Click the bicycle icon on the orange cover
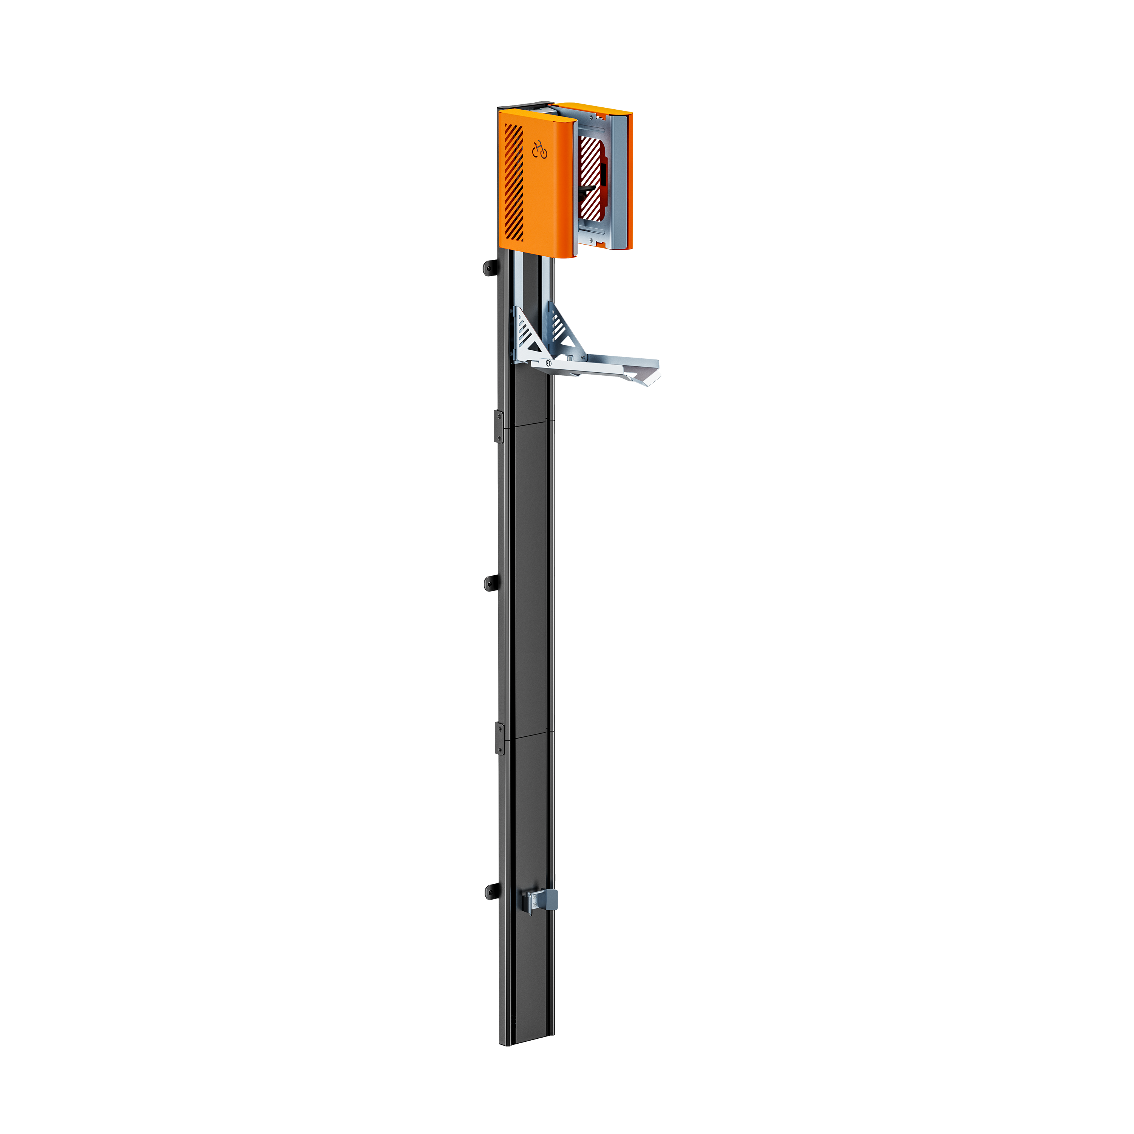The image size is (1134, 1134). click(539, 151)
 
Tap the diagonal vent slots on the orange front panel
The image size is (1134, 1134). click(514, 182)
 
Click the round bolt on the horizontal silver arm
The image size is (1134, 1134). click(548, 363)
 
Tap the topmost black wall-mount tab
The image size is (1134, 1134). click(491, 268)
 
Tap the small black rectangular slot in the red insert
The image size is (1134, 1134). click(603, 173)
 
